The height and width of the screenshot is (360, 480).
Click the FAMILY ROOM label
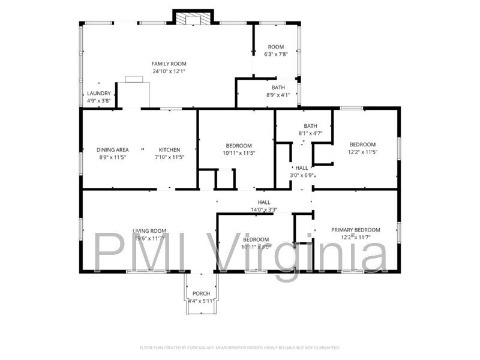click(x=169, y=64)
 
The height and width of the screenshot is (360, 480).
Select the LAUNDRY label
click(x=98, y=93)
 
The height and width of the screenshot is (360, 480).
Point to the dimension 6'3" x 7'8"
click(x=276, y=54)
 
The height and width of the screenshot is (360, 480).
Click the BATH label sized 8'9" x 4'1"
click(x=278, y=87)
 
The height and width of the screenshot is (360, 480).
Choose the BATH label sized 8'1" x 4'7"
click(x=310, y=125)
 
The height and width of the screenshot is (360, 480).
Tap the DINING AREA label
click(x=113, y=150)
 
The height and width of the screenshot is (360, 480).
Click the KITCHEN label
click(x=169, y=150)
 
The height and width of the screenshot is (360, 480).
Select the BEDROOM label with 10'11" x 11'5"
click(x=238, y=146)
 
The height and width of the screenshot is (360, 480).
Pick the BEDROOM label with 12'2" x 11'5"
click(x=362, y=144)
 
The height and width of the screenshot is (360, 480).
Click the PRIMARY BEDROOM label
click(x=356, y=230)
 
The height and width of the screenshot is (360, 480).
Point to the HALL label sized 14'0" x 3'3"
click(x=264, y=202)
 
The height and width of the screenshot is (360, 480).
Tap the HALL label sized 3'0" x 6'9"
click(x=302, y=168)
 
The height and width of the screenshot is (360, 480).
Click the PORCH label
click(x=201, y=293)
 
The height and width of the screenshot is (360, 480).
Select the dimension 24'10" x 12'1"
click(x=169, y=71)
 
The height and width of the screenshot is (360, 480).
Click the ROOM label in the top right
click(x=276, y=47)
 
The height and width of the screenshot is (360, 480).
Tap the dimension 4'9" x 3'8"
click(x=98, y=100)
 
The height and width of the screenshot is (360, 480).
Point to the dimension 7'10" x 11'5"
click(x=169, y=157)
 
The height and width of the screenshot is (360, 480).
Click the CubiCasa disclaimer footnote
click(x=240, y=347)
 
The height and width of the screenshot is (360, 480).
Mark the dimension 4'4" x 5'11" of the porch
click(x=201, y=301)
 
